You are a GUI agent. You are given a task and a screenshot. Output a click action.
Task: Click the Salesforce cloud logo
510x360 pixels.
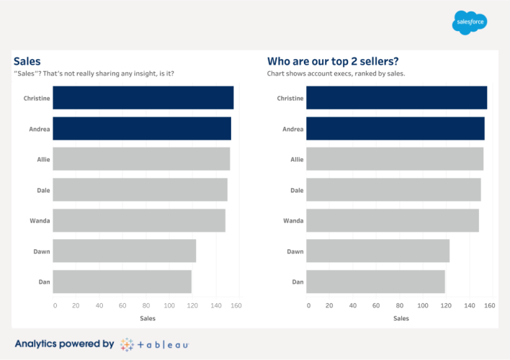pyautogui.click(x=470, y=22)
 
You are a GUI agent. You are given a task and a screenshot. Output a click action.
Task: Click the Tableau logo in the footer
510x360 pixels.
pyautogui.click(x=155, y=344)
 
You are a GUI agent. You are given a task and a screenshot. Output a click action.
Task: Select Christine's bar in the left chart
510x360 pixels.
pyautogui.click(x=143, y=98)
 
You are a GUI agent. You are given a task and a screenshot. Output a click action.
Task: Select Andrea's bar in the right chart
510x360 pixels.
pyautogui.click(x=395, y=128)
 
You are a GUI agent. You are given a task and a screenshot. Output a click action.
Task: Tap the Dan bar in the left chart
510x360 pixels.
pyautogui.click(x=122, y=282)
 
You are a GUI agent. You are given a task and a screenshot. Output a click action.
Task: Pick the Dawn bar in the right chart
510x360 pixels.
pyautogui.click(x=377, y=251)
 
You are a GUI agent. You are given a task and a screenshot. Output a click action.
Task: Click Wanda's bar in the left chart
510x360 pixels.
pyautogui.click(x=139, y=220)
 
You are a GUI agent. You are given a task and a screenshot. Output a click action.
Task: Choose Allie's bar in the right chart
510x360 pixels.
pyautogui.click(x=395, y=159)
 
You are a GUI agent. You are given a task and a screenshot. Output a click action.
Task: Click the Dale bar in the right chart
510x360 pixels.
pyautogui.click(x=393, y=190)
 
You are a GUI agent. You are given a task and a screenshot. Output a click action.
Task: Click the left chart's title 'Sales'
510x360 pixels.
pyautogui.click(x=27, y=61)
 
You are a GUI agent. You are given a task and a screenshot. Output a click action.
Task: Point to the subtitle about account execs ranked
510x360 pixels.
pyautogui.click(x=336, y=73)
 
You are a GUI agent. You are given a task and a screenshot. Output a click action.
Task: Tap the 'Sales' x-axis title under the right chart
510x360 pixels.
pyautogui.click(x=401, y=318)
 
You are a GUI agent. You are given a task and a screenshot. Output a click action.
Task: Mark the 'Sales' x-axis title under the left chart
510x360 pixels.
pyautogui.click(x=147, y=318)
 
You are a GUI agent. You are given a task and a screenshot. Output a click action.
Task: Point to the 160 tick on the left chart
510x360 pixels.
pyautogui.click(x=236, y=306)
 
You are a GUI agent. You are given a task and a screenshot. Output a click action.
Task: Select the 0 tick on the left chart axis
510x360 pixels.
pyautogui.click(x=55, y=306)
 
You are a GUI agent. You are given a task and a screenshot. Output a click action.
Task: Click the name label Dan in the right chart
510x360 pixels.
pyautogui.click(x=297, y=282)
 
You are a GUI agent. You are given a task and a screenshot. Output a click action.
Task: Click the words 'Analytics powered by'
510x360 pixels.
pyautogui.click(x=63, y=344)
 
